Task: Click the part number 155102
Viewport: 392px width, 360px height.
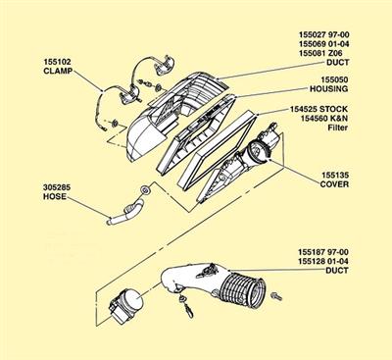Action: [x=57, y=62]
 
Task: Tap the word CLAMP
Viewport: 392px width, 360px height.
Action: [x=58, y=71]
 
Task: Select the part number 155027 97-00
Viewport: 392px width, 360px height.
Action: [x=323, y=34]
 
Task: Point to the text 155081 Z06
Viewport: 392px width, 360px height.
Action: [x=320, y=53]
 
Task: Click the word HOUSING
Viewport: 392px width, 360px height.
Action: [x=328, y=88]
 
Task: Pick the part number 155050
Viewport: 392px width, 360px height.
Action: [x=334, y=79]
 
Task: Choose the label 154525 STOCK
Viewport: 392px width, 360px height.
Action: [x=318, y=109]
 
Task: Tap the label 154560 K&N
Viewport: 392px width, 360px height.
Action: [x=324, y=118]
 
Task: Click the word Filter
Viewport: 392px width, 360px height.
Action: [x=338, y=128]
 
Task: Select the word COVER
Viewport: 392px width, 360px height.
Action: [x=334, y=184]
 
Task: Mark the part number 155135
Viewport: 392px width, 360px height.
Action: [x=335, y=175]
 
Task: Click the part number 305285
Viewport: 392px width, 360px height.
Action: [x=57, y=187]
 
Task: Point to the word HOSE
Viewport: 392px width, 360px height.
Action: [x=55, y=196]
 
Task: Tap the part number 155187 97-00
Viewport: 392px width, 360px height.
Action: [x=323, y=252]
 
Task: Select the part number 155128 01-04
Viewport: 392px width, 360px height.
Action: [x=323, y=261]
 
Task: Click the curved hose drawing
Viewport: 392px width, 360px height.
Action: [x=127, y=213]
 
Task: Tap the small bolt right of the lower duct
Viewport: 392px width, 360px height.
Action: [x=276, y=297]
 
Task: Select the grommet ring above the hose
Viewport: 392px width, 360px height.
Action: [x=145, y=189]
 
